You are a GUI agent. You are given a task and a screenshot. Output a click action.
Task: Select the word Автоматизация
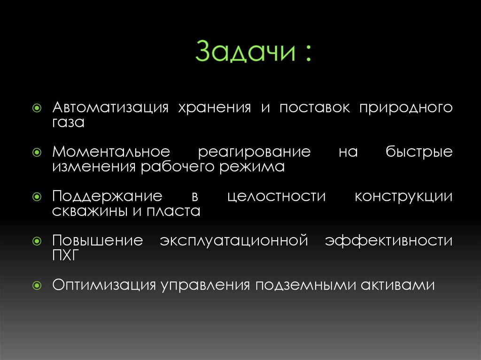coord(110,108)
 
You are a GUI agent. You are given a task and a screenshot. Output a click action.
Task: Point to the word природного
coord(406,108)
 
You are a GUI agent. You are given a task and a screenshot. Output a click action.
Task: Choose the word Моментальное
coord(111,152)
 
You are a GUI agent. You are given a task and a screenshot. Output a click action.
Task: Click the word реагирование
coord(254,152)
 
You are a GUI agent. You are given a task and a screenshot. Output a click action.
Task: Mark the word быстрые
coord(419,152)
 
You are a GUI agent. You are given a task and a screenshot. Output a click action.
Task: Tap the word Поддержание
coord(108,196)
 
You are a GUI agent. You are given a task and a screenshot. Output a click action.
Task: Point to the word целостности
coord(276,196)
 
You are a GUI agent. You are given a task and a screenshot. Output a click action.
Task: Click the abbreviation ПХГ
coord(67,255)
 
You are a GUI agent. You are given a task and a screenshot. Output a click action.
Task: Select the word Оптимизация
coord(104,285)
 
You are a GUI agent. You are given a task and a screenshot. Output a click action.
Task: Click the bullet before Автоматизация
coord(38,108)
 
